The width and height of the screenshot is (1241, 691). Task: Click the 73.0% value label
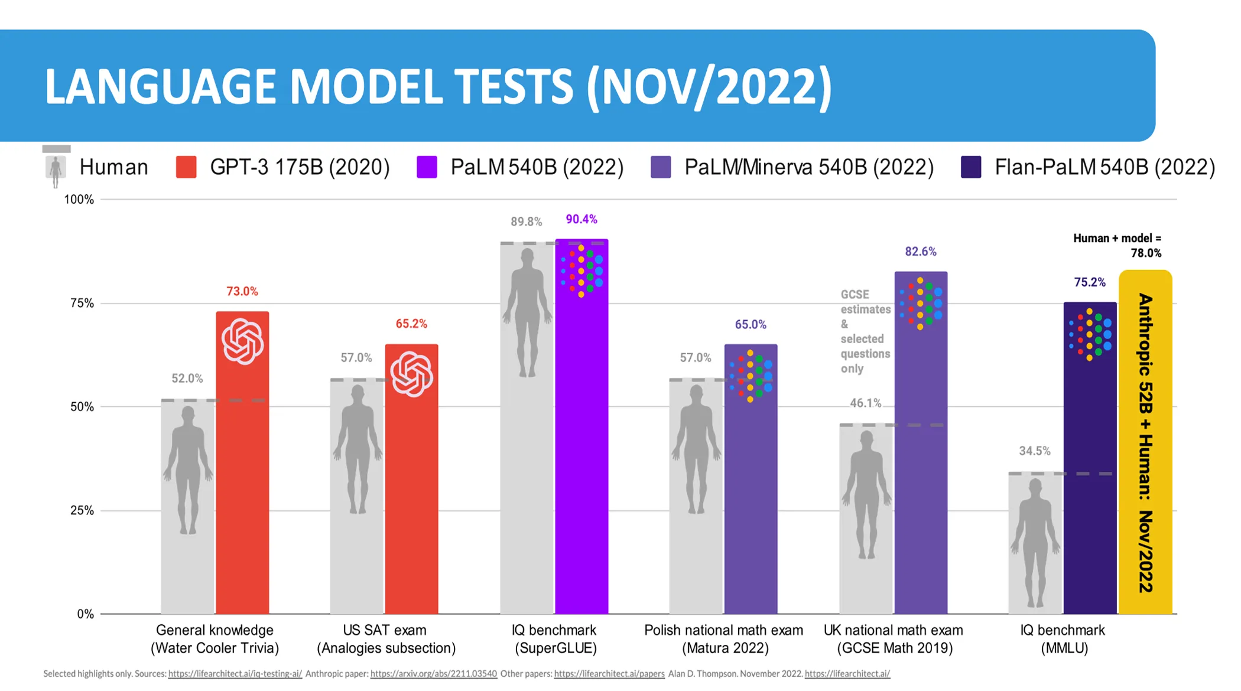(x=242, y=291)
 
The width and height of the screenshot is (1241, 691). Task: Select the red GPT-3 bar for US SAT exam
(x=412, y=479)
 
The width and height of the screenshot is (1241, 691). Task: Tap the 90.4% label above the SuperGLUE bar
(x=581, y=219)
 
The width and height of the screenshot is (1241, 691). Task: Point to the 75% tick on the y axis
(x=82, y=303)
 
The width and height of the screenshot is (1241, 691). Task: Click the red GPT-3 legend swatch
(x=186, y=167)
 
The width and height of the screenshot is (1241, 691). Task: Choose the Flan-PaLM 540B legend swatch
(x=971, y=167)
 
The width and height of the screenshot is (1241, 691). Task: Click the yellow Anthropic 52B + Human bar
(x=1145, y=442)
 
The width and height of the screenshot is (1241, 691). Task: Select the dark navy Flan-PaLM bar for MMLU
(x=1090, y=458)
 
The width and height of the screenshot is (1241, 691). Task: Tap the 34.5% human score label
(x=1035, y=451)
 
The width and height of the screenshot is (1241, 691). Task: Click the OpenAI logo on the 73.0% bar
(x=242, y=341)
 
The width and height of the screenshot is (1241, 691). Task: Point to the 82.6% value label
(x=921, y=251)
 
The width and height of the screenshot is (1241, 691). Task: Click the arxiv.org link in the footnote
(x=434, y=674)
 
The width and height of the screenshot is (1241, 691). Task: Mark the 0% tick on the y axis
(x=86, y=614)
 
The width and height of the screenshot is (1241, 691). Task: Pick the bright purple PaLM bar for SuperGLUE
(x=581, y=426)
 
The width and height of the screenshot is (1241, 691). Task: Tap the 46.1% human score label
(x=866, y=403)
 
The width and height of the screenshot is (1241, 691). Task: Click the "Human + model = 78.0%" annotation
(x=1117, y=246)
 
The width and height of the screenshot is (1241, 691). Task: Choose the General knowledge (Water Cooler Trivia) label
(x=215, y=639)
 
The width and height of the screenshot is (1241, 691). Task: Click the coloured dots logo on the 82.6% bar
(x=921, y=304)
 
